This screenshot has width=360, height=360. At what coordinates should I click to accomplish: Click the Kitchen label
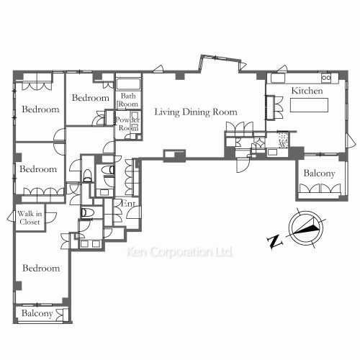tap(307, 91)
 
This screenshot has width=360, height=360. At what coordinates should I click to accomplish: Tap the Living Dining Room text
tap(196, 112)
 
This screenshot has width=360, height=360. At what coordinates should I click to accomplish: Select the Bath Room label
tap(128, 100)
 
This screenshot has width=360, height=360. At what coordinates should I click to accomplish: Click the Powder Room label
tap(127, 124)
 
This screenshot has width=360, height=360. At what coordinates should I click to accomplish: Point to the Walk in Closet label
tap(30, 217)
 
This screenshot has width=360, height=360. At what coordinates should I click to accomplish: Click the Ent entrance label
tap(128, 204)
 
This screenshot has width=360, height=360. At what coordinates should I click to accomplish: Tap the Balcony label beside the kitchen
tap(319, 174)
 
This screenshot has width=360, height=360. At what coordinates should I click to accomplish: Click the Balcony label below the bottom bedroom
tap(37, 313)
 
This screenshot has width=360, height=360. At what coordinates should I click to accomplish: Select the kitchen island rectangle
tap(309, 105)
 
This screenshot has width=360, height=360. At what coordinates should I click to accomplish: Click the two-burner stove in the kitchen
tap(326, 78)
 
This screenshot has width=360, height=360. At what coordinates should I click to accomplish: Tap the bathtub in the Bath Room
tap(128, 84)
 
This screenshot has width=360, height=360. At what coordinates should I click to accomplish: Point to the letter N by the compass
tap(274, 242)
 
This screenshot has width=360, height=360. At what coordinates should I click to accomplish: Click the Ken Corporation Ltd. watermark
tap(180, 252)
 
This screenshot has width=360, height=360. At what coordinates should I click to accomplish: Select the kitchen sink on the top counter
tap(278, 78)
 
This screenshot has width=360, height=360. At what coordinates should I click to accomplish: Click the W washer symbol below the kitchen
tap(284, 144)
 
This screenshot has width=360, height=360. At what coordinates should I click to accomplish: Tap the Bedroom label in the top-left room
tap(40, 109)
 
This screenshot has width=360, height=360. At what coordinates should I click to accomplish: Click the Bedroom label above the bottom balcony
tap(41, 268)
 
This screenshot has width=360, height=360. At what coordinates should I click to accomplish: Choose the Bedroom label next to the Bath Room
tap(91, 98)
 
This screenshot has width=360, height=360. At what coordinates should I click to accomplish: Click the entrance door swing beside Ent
tap(134, 212)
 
